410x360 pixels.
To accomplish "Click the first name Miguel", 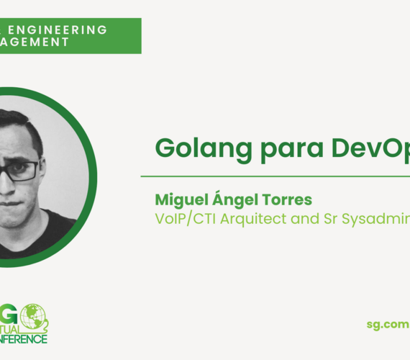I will pyautogui.click(x=179, y=198).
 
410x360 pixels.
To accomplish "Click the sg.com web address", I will pyautogui.click(x=388, y=325).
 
